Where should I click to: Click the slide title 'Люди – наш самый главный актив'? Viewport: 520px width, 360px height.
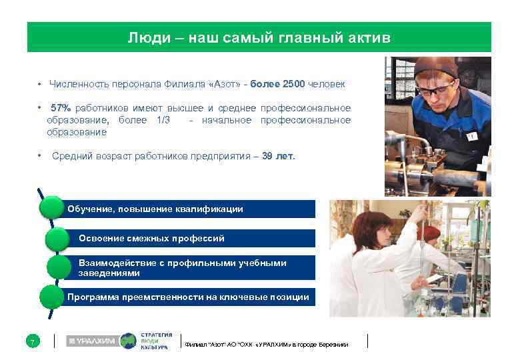pyautogui.click(x=259, y=38)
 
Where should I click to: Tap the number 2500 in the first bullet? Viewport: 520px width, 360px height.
pyautogui.click(x=293, y=85)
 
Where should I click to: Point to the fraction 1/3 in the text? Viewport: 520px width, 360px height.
pyautogui.click(x=163, y=120)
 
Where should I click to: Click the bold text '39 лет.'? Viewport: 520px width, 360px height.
pyautogui.click(x=278, y=156)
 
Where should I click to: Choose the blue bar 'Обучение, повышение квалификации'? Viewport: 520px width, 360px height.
pyautogui.click(x=190, y=209)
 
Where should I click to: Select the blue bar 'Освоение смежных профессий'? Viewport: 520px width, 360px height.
pyautogui.click(x=193, y=238)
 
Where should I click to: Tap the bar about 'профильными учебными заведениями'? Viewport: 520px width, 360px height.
pyautogui.click(x=193, y=267)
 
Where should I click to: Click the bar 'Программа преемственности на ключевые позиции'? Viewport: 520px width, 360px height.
pyautogui.click(x=190, y=297)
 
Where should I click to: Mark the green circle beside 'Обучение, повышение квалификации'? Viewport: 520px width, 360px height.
pyautogui.click(x=51, y=208)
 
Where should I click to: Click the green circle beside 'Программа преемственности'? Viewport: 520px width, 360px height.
pyautogui.click(x=52, y=297)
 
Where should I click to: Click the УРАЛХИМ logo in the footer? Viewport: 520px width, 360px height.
pyautogui.click(x=92, y=341)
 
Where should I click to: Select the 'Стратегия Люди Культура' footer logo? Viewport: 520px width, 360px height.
pyautogui.click(x=156, y=341)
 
